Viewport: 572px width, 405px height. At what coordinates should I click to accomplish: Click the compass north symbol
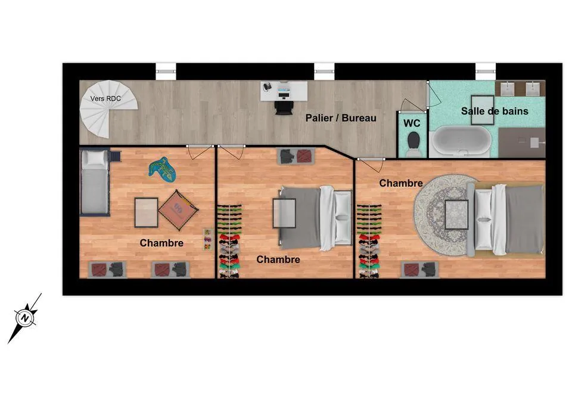(25, 317)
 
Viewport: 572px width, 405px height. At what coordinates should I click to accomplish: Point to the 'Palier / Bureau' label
(341, 118)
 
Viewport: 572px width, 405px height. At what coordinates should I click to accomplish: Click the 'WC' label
(412, 123)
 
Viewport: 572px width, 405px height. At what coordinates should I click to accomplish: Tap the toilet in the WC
(412, 142)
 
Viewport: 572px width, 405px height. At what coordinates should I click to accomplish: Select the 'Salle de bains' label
(495, 111)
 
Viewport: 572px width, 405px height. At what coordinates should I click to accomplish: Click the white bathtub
(461, 141)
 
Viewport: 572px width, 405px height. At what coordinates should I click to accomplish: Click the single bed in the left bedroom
(95, 183)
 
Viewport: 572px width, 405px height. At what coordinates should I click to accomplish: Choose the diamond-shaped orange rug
(177, 208)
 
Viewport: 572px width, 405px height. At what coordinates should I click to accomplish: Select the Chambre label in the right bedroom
(401, 183)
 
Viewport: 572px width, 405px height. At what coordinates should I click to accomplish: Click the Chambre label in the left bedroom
(161, 243)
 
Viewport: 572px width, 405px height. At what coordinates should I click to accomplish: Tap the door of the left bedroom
(198, 152)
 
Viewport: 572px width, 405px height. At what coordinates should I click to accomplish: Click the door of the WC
(412, 105)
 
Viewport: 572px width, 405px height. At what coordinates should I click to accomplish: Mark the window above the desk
(324, 72)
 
